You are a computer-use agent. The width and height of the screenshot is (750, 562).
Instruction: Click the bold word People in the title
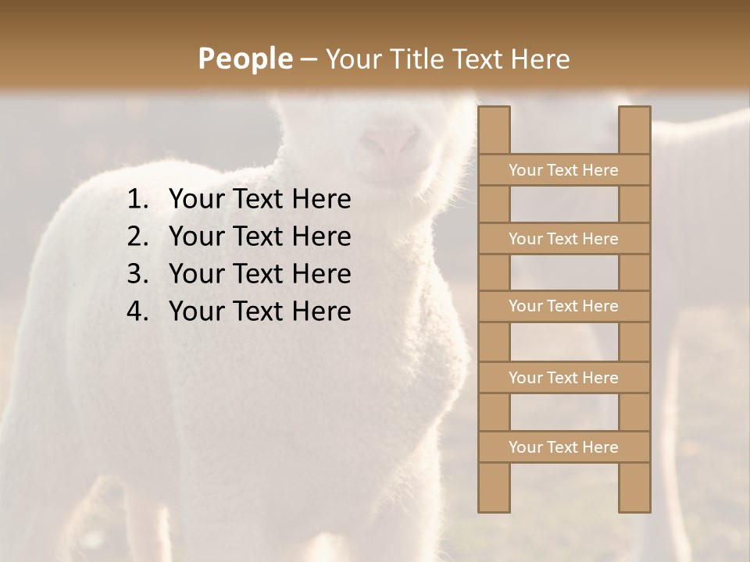pyautogui.click(x=244, y=59)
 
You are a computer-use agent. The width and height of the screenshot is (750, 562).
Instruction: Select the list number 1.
pyautogui.click(x=137, y=200)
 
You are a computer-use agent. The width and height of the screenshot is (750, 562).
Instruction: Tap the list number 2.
pyautogui.click(x=137, y=237)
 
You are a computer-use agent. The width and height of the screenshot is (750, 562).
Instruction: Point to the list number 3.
pyautogui.click(x=137, y=274)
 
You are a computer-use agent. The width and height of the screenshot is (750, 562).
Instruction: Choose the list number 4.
pyautogui.click(x=137, y=311)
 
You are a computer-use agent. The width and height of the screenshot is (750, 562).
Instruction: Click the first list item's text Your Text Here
pyautogui.click(x=259, y=200)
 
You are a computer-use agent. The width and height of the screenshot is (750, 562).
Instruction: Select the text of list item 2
pyautogui.click(x=259, y=237)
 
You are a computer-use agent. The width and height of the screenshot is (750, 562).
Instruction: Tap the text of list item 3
pyautogui.click(x=259, y=274)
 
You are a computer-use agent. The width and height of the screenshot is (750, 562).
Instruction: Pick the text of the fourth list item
pyautogui.click(x=259, y=311)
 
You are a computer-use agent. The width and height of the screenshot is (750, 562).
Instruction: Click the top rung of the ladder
pyautogui.click(x=563, y=170)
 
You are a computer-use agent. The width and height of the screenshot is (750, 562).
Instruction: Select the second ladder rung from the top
pyautogui.click(x=563, y=239)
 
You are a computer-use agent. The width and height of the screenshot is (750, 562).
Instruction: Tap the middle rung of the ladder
pyautogui.click(x=563, y=307)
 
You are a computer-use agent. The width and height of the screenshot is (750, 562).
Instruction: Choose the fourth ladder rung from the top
pyautogui.click(x=563, y=378)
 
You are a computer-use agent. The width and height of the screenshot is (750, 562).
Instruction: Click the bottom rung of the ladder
pyautogui.click(x=563, y=447)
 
